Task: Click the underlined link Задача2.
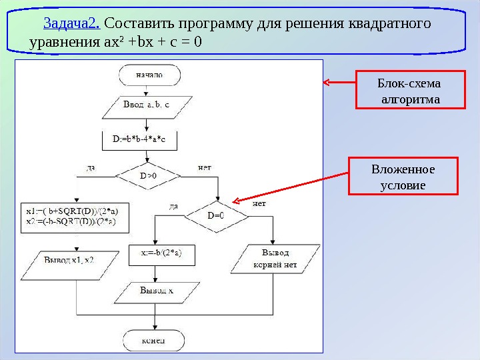coord(72,24)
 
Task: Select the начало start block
coord(148,75)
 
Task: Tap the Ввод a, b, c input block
coord(148,105)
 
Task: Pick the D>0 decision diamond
coord(148,176)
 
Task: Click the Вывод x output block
coord(157,291)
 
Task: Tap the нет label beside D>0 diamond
coord(205,167)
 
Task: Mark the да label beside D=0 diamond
coord(174,207)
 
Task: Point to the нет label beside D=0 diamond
coord(259,203)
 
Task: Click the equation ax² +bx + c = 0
coord(159,42)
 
